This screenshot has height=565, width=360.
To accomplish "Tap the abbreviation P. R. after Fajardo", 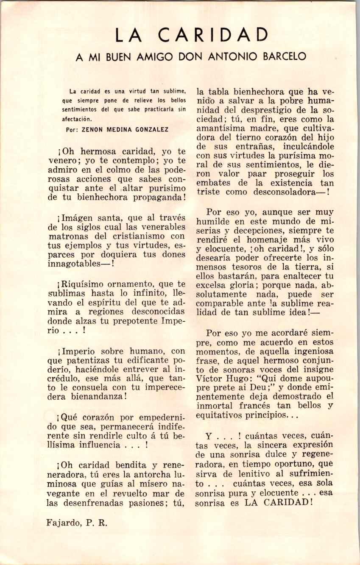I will pyautogui.click(x=97, y=523).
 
